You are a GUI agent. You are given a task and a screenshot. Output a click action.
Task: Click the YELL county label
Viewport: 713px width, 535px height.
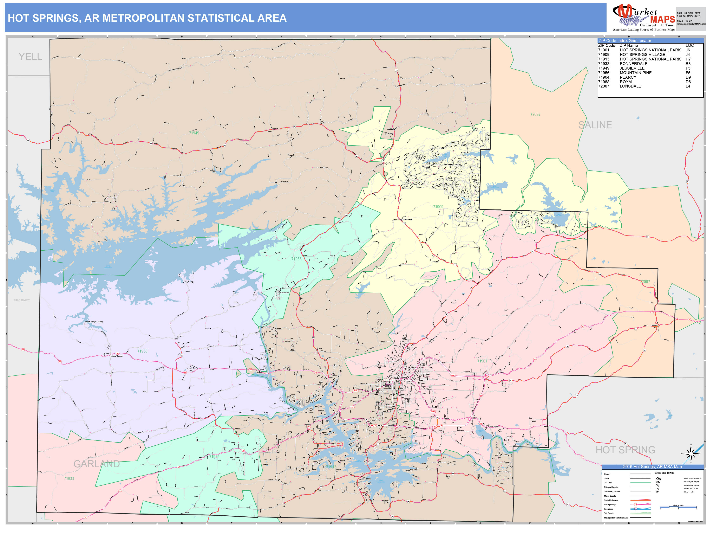coord(30,57)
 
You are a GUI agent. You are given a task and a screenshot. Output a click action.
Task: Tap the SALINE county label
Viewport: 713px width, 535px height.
coord(595,125)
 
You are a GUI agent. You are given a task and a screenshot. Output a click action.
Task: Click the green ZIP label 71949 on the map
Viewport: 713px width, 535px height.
coord(194,133)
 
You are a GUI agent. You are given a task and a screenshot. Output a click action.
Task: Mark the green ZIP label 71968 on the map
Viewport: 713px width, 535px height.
coord(142,351)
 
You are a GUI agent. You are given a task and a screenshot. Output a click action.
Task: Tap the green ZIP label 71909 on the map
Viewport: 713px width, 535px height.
coord(438,207)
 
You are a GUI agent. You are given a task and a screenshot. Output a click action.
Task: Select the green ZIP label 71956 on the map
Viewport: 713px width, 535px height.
coord(296,259)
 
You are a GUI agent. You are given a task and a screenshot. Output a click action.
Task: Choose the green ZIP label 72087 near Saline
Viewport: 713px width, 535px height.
coord(535,115)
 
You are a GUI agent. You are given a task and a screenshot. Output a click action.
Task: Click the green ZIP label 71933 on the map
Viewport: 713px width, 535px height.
coord(69,478)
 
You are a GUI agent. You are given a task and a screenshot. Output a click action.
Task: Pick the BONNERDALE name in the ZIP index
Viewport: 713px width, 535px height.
coord(633,64)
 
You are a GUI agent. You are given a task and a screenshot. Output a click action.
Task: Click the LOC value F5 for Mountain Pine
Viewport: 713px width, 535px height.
coord(688,73)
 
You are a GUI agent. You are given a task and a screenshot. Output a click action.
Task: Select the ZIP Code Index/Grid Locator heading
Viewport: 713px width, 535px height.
coord(625,41)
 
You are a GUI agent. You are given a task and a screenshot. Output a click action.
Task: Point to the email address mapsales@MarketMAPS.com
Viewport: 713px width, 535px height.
coord(691,24)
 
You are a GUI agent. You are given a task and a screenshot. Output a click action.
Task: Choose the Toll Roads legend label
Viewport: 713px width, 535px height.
coord(609,513)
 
